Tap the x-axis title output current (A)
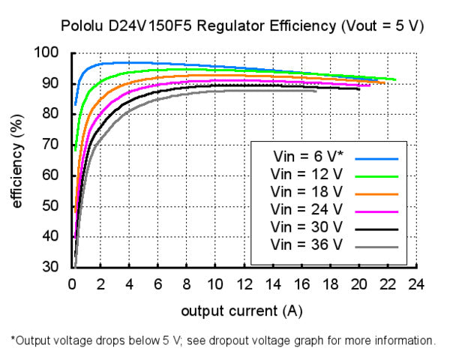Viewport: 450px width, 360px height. click(x=241, y=310)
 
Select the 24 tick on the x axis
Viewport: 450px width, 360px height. click(x=416, y=284)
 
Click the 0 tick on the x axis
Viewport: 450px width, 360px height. click(x=72, y=284)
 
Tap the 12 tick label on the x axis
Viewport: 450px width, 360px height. click(x=244, y=284)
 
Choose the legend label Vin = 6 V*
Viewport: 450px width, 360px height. click(x=306, y=158)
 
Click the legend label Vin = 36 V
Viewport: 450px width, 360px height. click(x=306, y=244)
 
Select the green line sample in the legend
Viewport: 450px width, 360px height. click(x=376, y=176)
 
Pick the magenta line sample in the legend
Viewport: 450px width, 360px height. click(x=376, y=211)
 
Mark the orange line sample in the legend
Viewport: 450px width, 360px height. click(x=376, y=193)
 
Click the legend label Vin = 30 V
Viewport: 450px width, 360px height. click(x=306, y=227)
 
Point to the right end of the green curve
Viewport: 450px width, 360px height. click(x=395, y=79)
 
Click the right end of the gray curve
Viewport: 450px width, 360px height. click(x=316, y=91)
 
